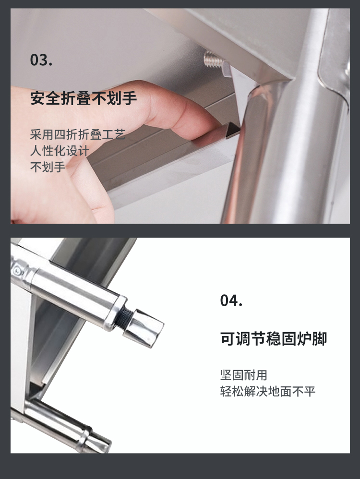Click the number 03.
pos(41,60)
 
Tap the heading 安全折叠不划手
pos(84,98)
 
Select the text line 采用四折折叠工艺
pos(78,134)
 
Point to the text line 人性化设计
pos(60,151)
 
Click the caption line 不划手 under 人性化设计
pos(48,167)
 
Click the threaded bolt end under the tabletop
pos(213,59)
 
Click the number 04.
pos(231,300)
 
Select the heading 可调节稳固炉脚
pos(274,338)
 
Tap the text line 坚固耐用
pos(243,375)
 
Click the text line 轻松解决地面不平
pos(268,391)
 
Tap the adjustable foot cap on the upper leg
pos(144,328)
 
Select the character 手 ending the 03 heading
pos(129,98)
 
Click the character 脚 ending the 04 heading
pos(320,338)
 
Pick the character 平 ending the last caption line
pos(310,391)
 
